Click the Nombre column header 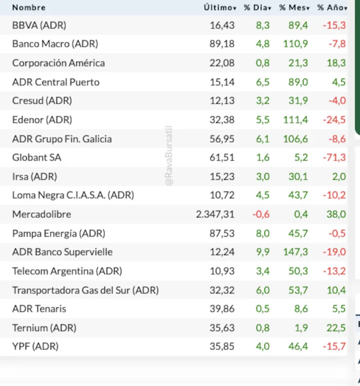(x=29, y=8)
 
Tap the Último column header (x=219, y=8)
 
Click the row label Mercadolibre (x=41, y=214)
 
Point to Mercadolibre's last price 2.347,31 (x=215, y=214)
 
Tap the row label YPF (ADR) (x=36, y=346)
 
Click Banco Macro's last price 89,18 (x=222, y=44)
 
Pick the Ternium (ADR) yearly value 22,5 (x=336, y=327)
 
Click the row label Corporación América (x=58, y=63)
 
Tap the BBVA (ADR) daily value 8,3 (x=263, y=25)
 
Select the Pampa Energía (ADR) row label (x=59, y=233)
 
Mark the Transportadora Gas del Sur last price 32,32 (x=222, y=289)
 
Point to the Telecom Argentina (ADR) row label (x=67, y=271)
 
